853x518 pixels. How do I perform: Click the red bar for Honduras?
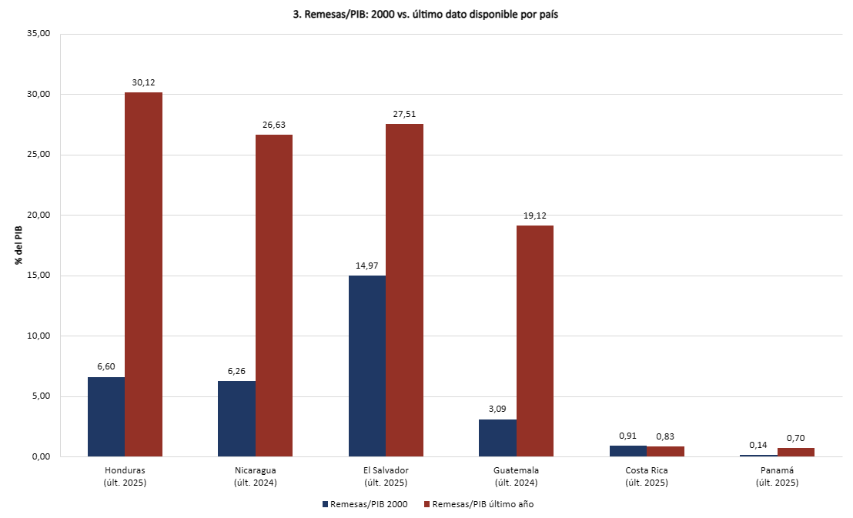[144, 274]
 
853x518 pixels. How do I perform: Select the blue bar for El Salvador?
[367, 366]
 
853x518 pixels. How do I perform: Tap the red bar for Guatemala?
[535, 341]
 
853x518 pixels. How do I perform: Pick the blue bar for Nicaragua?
[236, 419]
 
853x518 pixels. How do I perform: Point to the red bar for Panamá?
[796, 452]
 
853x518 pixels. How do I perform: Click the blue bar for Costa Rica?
[628, 451]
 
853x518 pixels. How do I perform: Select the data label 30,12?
[144, 82]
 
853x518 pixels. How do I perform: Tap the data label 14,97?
[366, 266]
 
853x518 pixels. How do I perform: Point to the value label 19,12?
[535, 216]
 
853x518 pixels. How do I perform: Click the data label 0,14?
[758, 445]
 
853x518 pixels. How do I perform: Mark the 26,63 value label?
[273, 125]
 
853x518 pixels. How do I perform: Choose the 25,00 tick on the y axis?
[38, 155]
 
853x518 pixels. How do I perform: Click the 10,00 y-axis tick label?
[38, 336]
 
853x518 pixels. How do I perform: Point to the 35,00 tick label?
[38, 33]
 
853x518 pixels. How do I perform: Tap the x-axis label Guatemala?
[517, 470]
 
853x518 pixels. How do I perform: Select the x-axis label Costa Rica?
[647, 470]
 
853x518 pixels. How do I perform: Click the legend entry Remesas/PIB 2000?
[365, 504]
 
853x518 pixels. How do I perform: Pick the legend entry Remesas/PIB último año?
[479, 504]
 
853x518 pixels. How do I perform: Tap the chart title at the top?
[426, 15]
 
